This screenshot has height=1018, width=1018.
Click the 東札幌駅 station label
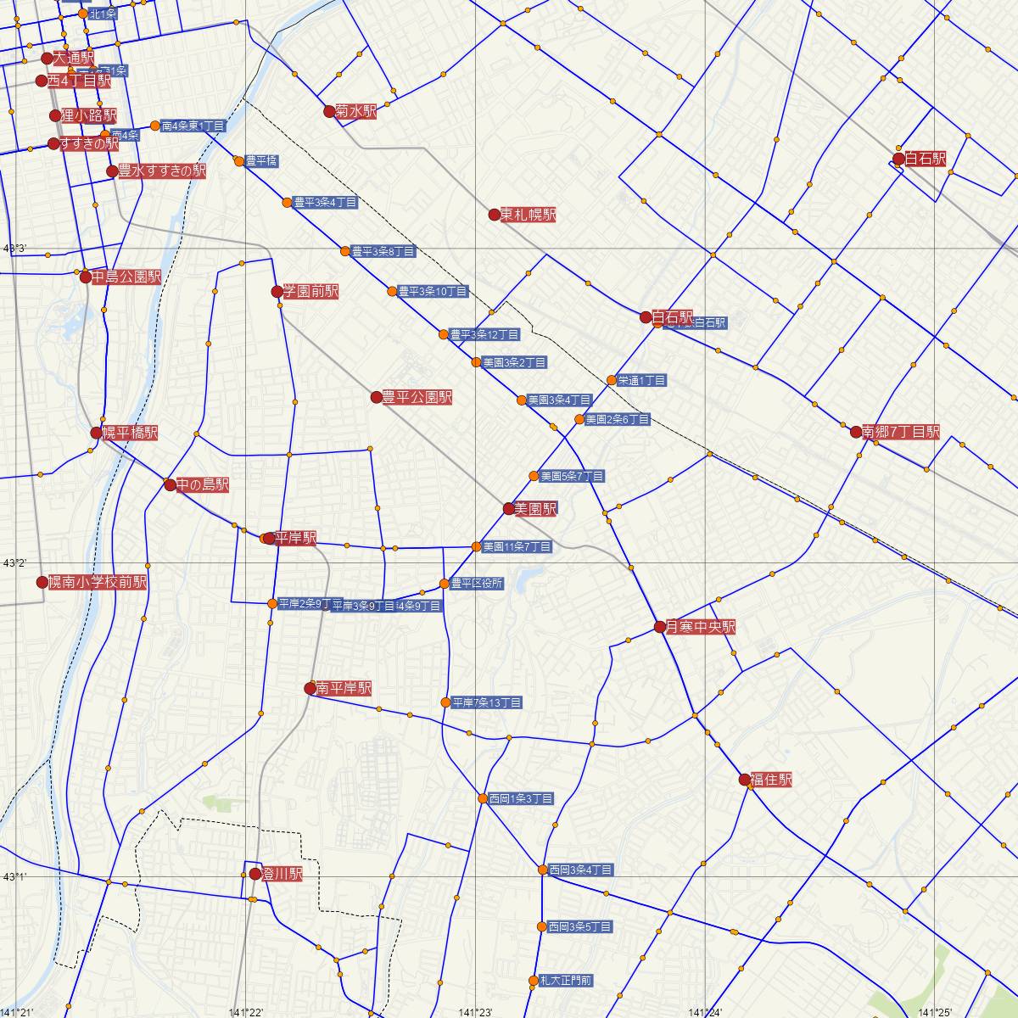click(528, 215)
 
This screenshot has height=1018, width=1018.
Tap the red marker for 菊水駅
click(330, 111)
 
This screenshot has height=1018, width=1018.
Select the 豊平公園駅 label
click(417, 397)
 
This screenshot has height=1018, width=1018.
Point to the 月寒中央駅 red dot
click(661, 627)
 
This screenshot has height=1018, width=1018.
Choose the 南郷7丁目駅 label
click(901, 432)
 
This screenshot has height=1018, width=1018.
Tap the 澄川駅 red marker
click(255, 874)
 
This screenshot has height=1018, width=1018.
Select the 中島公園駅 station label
click(126, 277)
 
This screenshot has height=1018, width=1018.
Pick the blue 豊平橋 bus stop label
click(261, 160)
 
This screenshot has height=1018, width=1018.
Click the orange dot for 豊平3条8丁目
click(345, 251)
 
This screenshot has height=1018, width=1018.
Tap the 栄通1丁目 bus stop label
click(642, 380)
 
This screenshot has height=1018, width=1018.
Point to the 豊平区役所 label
click(477, 584)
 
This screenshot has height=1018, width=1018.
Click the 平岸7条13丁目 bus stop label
click(487, 702)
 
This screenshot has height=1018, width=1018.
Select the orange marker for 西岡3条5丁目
click(542, 926)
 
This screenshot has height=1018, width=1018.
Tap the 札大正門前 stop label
click(566, 981)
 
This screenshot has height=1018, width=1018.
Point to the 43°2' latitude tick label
click(14, 563)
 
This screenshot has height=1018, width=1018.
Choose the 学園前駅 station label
click(310, 292)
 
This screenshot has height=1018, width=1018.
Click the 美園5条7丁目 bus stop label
click(572, 477)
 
